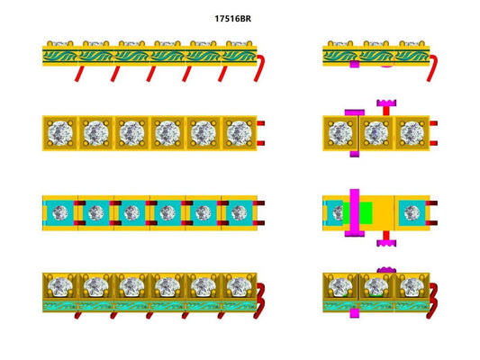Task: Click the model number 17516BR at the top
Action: point(240,17)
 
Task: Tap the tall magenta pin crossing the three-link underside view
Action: point(355,214)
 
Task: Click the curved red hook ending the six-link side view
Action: point(259,67)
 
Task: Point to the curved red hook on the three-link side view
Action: point(433,67)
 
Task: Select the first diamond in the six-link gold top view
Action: point(59,133)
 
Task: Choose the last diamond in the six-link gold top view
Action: point(238,133)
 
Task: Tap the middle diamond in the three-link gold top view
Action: point(376,133)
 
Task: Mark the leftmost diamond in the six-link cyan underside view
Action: point(60,214)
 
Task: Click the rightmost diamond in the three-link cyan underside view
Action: point(411,214)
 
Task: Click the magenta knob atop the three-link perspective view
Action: point(386,270)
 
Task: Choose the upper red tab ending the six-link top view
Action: point(260,124)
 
